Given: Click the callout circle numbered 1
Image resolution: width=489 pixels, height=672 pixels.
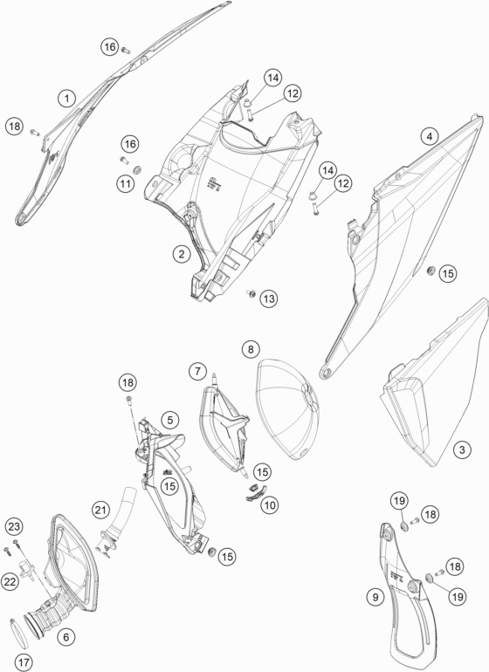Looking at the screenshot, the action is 67,99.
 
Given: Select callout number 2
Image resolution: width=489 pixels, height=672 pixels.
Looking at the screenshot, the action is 182,254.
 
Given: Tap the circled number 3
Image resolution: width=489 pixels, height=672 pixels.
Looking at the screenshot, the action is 462,450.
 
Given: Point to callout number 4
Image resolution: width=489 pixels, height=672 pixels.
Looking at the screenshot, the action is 430,137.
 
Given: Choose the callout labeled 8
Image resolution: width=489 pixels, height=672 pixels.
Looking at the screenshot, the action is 251,349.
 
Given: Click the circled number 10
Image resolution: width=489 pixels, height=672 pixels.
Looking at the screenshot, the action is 270,505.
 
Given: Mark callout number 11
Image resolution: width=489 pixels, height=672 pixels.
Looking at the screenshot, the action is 125,184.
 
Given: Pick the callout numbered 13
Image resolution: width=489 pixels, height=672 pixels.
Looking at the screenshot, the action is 269,298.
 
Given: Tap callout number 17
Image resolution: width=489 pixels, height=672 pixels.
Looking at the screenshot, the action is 24,662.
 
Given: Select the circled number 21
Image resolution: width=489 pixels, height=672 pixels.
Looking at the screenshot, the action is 100,510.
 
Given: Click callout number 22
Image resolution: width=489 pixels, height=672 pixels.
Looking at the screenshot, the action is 10,582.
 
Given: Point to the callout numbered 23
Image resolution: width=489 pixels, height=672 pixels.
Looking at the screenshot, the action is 14,526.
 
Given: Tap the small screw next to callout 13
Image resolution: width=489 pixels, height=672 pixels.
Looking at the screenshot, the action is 250,293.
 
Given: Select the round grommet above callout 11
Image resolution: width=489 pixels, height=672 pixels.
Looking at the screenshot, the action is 138,169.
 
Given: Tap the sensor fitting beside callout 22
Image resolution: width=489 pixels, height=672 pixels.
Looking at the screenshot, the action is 27,569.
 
